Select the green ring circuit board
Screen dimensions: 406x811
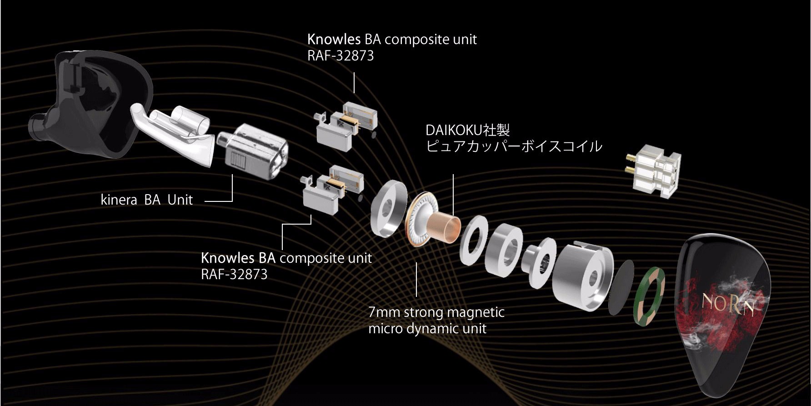pos(649,296)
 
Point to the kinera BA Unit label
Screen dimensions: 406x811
pos(146,200)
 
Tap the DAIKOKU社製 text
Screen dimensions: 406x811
pos(467,130)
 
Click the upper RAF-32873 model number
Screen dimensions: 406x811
pos(340,56)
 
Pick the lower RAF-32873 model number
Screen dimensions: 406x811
pos(234,275)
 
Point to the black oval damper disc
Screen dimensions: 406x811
pos(621,287)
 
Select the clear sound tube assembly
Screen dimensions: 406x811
pos(173,132)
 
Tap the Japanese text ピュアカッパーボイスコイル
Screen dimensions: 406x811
pos(514,146)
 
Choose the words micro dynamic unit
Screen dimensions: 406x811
pos(427,329)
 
